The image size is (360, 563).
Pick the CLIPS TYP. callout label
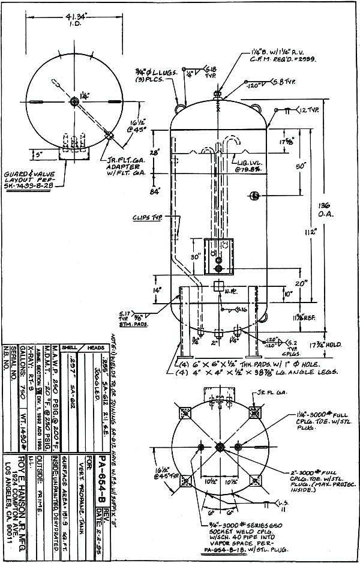click(x=146, y=218)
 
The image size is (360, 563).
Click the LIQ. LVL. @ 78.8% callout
click(x=248, y=166)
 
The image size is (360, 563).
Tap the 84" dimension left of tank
click(x=154, y=192)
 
